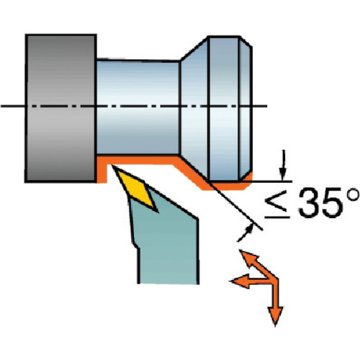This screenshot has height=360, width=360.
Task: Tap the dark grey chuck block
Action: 61,108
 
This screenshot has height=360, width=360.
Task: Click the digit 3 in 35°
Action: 309,203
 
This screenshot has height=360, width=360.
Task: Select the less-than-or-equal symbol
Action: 277,204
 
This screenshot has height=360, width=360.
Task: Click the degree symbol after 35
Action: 353,195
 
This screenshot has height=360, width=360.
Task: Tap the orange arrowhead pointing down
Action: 275,316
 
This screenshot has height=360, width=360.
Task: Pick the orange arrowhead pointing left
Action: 240,281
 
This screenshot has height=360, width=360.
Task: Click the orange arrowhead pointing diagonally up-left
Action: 248,258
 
